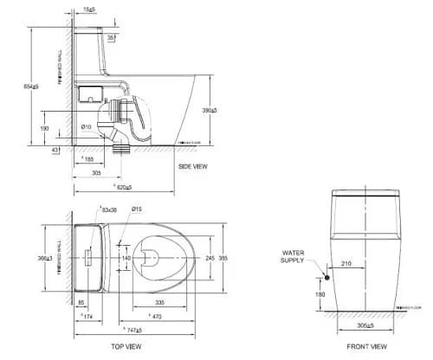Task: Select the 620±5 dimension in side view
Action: pos(122,187)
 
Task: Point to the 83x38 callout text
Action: pos(109,209)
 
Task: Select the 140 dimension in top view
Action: pos(126,258)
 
